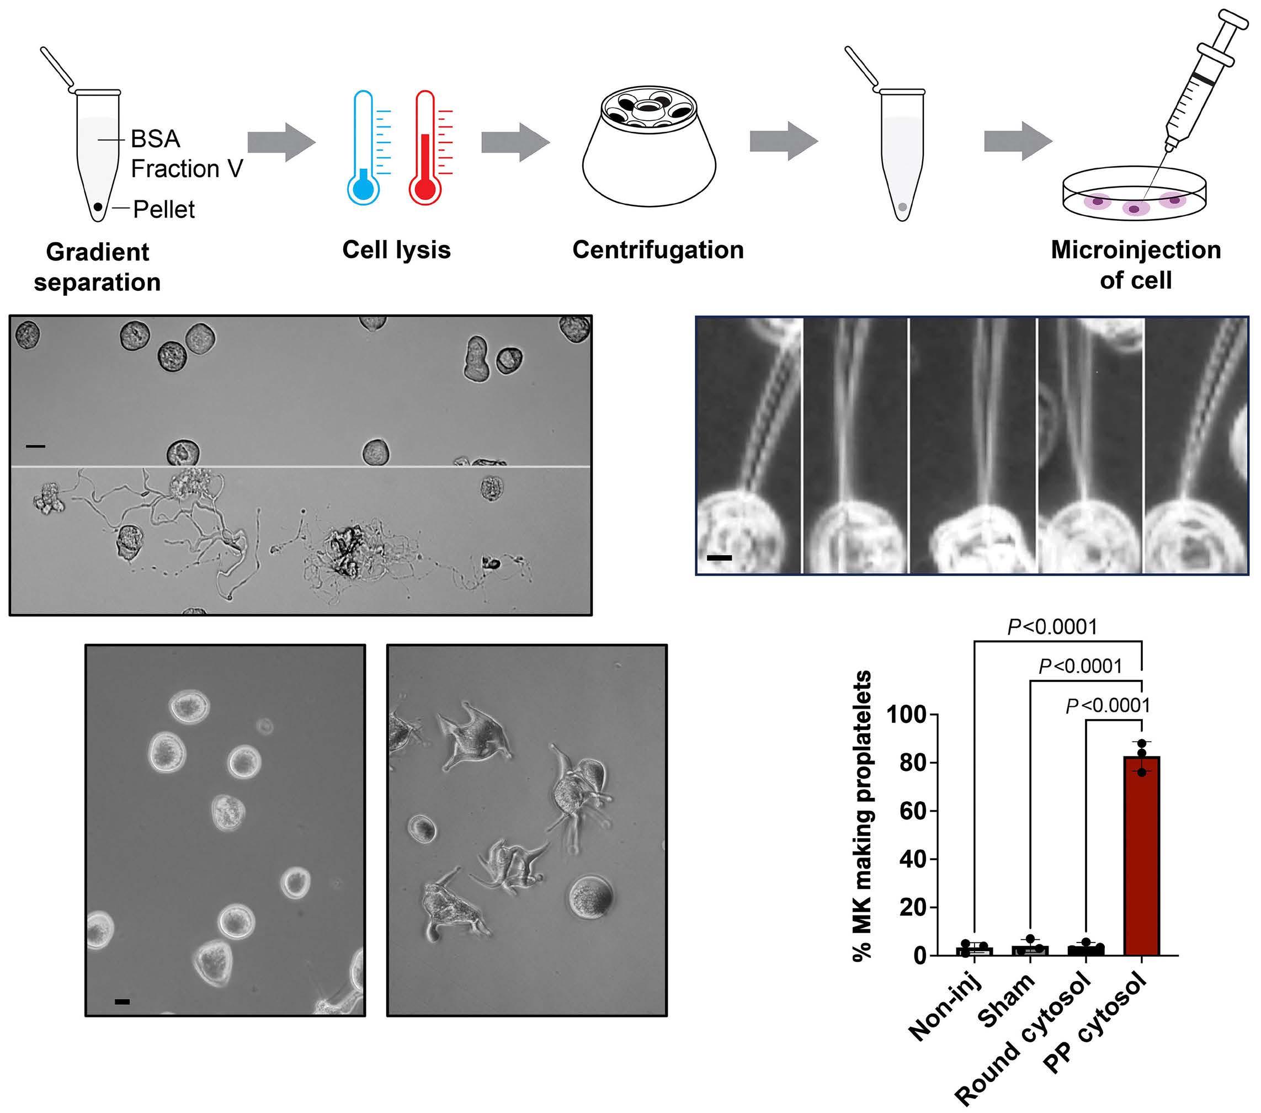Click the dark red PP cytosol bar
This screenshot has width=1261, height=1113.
coord(1141,858)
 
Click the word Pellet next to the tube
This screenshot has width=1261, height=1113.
coord(164,210)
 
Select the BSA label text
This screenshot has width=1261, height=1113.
coord(156,139)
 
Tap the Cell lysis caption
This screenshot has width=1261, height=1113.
coord(396,250)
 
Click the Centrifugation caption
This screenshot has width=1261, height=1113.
coord(658,250)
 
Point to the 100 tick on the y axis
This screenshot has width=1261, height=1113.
coord(913,715)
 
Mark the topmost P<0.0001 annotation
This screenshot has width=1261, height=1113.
coord(1052,627)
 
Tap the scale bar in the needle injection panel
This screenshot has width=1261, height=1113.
coord(719,558)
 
